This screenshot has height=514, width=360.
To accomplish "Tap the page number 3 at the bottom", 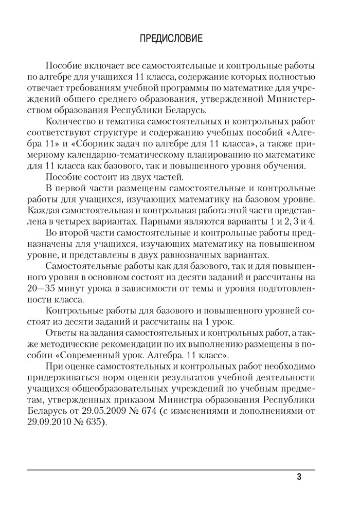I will [x=299, y=476].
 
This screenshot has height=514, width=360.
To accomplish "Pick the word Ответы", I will [x=60, y=333].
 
